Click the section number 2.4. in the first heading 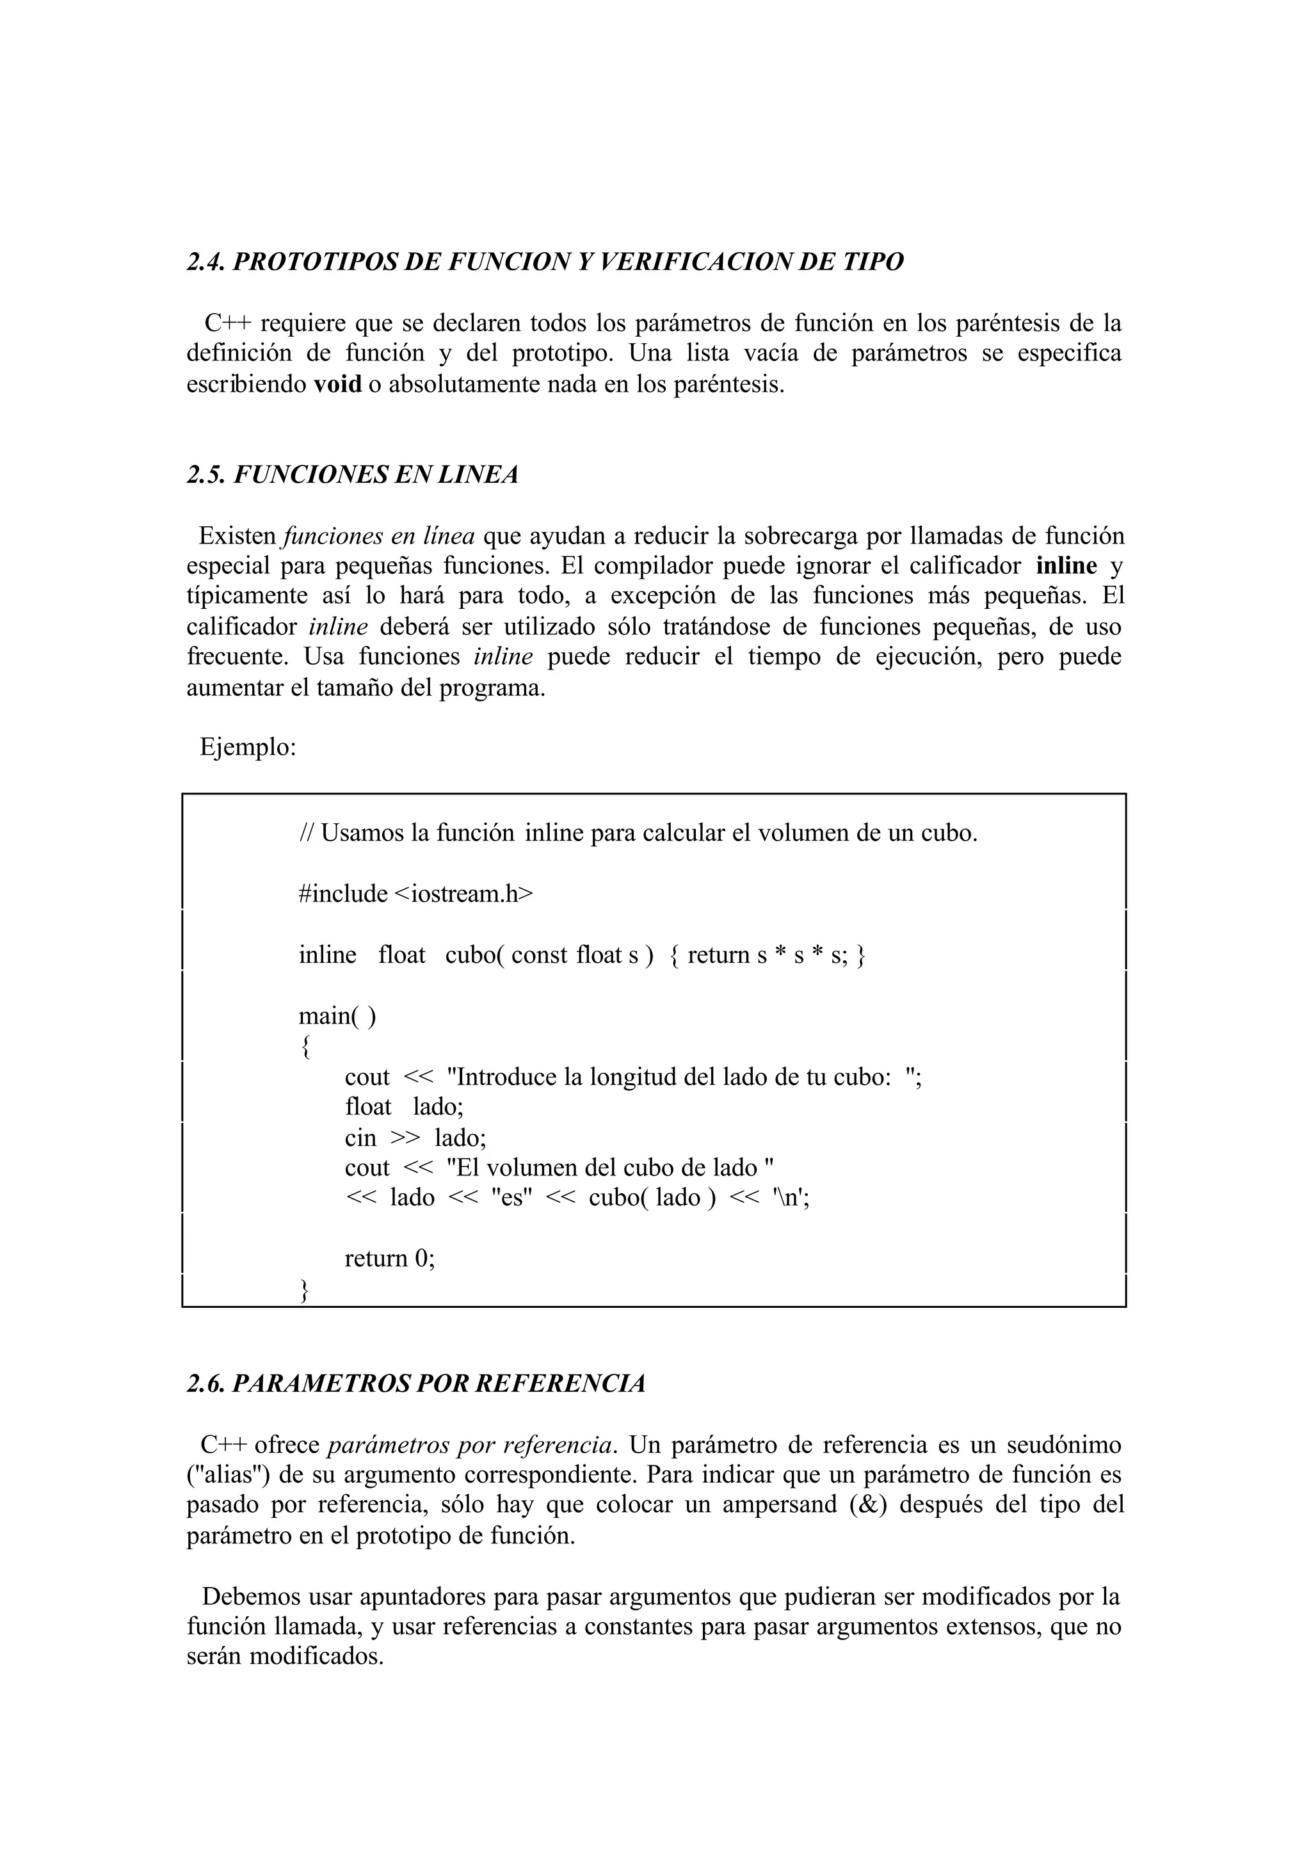pos(207,262)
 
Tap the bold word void pos(337,383)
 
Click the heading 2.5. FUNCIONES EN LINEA pos(352,475)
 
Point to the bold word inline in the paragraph pos(1066,566)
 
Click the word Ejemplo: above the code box pos(248,748)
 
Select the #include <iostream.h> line pos(415,894)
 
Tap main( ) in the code pos(337,1015)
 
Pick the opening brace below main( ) pos(304,1047)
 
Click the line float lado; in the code pos(404,1107)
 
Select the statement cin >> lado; pos(415,1138)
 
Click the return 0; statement pos(389,1259)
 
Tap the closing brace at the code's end pos(304,1290)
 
